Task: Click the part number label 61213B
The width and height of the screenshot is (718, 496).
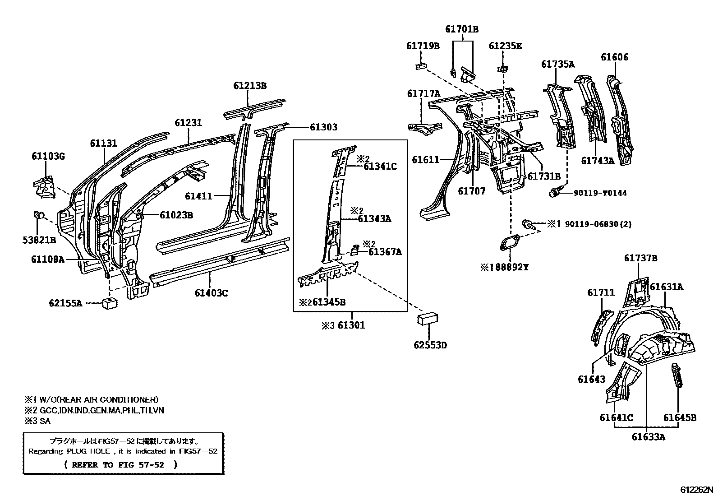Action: (250, 85)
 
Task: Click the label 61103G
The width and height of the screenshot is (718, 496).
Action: (48, 157)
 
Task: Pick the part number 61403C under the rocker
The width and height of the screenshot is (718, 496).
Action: (211, 293)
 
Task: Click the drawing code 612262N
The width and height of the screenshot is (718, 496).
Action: (697, 490)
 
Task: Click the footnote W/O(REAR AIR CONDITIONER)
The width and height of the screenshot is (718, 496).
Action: (97, 399)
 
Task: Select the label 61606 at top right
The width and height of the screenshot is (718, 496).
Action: (614, 57)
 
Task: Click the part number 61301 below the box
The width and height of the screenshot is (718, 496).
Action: (351, 325)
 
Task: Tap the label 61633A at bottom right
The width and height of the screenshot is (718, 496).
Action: (648, 436)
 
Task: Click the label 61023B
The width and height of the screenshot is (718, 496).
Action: (176, 215)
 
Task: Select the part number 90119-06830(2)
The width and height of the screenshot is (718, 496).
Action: (589, 223)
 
